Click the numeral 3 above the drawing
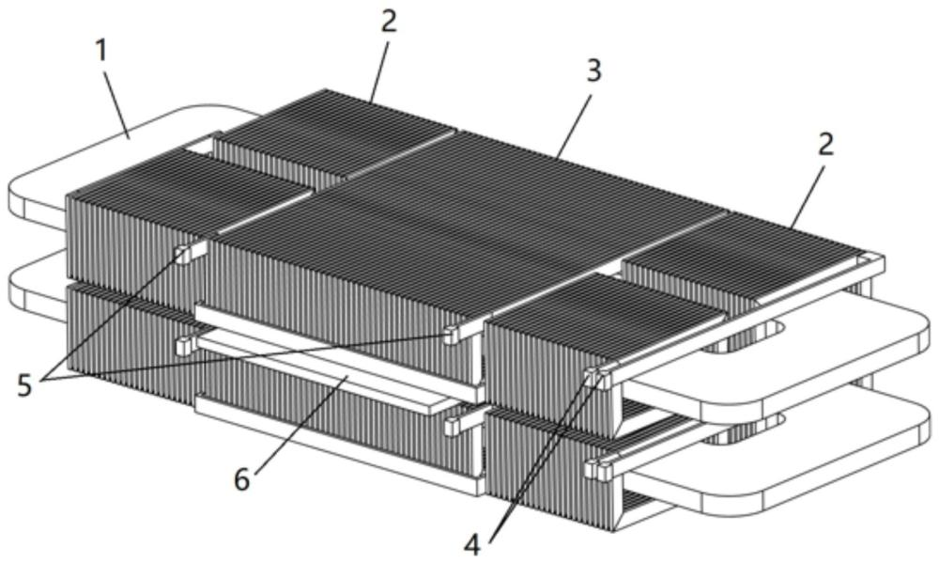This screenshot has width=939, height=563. tap(593, 71)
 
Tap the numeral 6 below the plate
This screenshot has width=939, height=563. tap(242, 479)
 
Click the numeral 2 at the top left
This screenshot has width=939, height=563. tap(389, 21)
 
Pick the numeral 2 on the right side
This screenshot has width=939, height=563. tap(825, 145)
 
